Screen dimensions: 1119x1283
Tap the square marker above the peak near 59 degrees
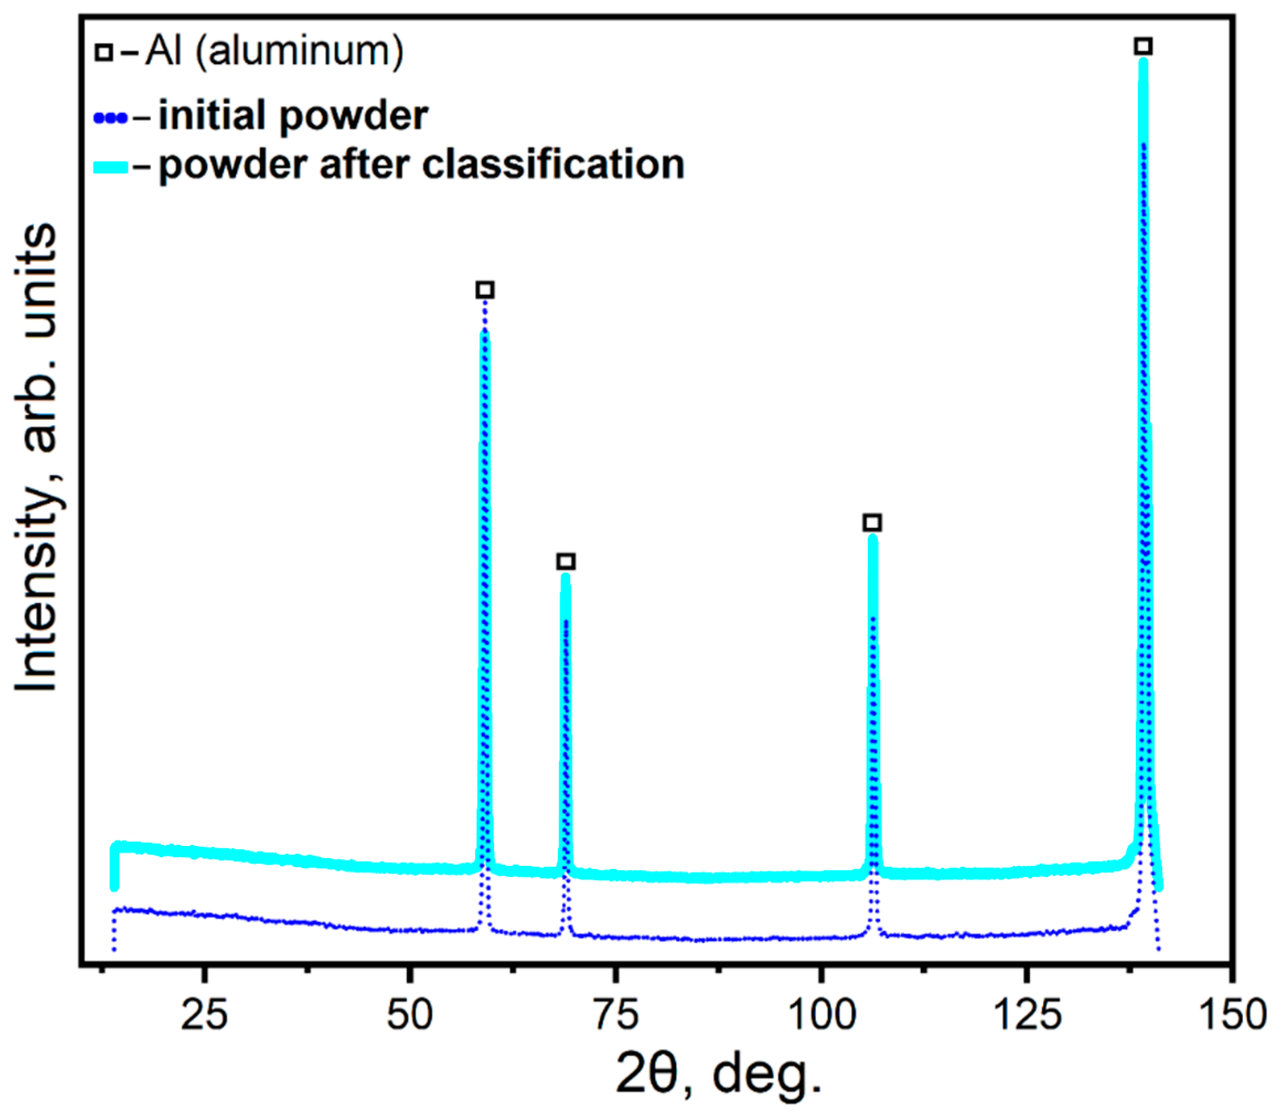point(485,290)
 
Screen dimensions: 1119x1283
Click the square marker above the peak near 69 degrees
point(566,561)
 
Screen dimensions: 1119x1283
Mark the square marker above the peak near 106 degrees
point(873,522)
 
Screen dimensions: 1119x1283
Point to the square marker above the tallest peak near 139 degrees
point(1143,46)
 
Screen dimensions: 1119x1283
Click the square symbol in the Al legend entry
point(104,52)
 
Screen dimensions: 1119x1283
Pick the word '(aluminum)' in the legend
point(300,51)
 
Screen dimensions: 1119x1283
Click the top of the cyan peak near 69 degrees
point(566,577)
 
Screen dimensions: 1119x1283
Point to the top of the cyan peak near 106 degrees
point(873,538)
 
